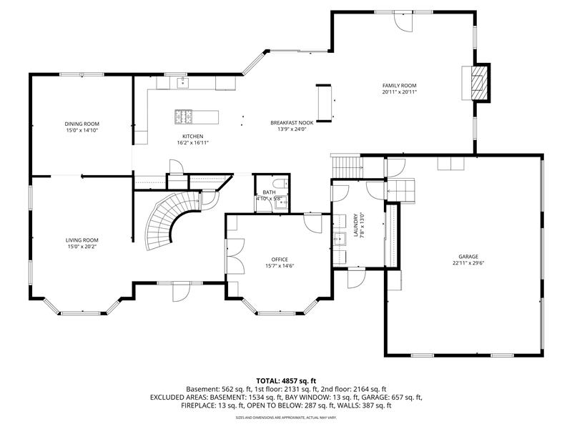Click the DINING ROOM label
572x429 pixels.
click(x=82, y=124)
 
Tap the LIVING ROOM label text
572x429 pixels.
click(x=82, y=240)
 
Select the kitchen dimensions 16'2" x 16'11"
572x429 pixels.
click(x=192, y=143)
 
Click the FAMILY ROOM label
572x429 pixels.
click(x=399, y=84)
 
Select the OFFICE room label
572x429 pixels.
click(x=280, y=259)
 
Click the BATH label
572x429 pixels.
click(x=268, y=192)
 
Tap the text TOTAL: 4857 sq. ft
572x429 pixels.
click(x=286, y=380)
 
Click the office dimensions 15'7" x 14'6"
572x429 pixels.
click(x=280, y=266)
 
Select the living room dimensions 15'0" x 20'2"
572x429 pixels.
click(x=82, y=247)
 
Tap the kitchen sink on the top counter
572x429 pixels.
click(x=183, y=84)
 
